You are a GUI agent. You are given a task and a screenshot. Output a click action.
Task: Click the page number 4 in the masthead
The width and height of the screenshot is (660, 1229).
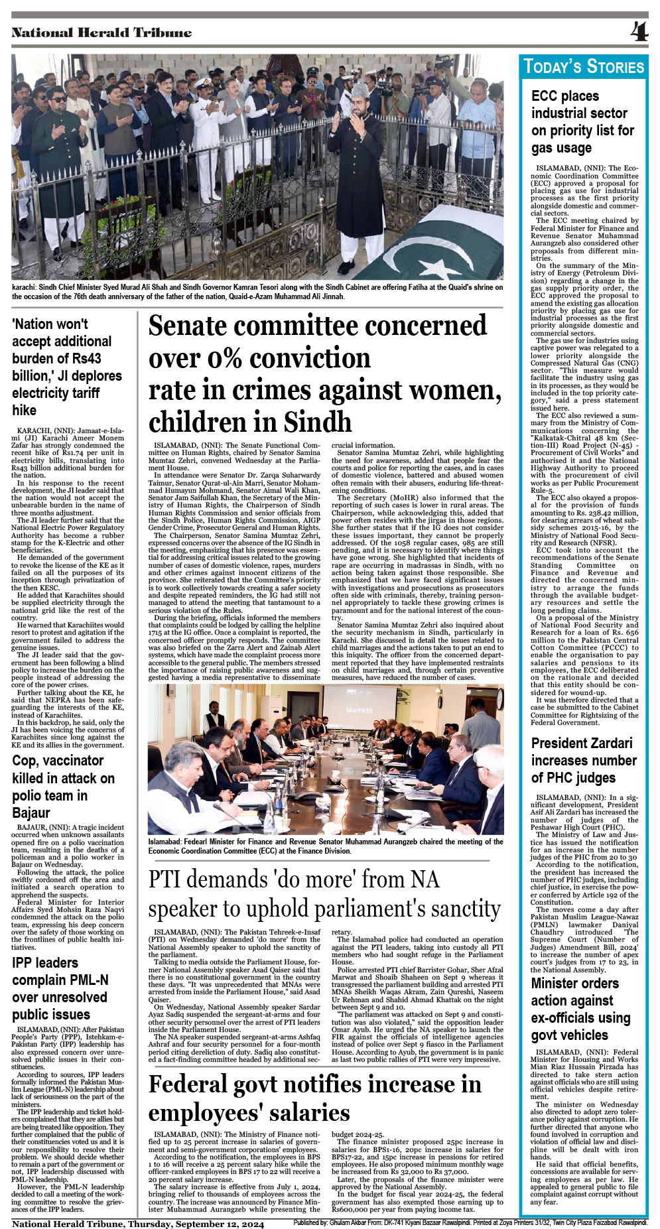coord(639,32)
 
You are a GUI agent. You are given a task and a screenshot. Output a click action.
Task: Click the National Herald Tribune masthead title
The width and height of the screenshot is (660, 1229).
coord(101,32)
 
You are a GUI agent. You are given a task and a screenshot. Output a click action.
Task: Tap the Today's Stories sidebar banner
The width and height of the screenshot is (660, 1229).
coord(584,66)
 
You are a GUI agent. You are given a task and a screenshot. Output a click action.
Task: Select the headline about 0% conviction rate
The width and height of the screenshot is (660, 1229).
coord(324,373)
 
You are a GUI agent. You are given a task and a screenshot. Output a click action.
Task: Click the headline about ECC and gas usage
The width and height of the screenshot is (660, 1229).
coord(582,122)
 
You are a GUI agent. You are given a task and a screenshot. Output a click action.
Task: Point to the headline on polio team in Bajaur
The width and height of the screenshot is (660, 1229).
coord(63,787)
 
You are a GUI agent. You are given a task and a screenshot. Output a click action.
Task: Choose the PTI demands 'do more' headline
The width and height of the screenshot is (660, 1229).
coord(324,893)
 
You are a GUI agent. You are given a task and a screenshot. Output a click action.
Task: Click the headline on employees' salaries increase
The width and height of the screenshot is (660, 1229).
coord(315,1098)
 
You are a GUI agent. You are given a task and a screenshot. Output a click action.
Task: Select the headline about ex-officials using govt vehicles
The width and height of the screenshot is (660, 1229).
coord(580,1009)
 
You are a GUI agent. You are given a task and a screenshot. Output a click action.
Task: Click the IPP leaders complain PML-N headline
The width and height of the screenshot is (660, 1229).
coord(60,988)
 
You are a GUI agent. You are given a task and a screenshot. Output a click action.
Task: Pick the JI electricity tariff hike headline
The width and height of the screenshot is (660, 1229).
coord(67,367)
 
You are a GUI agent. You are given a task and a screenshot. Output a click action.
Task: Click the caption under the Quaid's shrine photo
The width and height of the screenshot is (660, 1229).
coord(257,292)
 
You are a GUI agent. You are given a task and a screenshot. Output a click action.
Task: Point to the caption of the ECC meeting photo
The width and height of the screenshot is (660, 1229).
coord(325,846)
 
